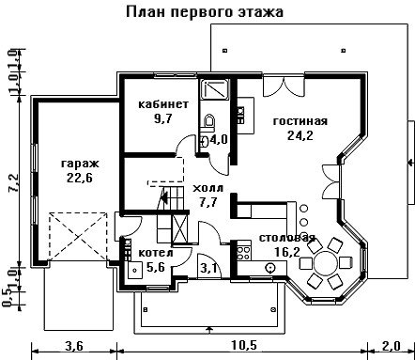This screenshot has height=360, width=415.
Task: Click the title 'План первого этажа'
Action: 205,12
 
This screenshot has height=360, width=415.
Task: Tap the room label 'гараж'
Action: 80,164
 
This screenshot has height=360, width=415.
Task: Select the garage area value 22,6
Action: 80,178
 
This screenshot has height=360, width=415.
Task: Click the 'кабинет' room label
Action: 163,104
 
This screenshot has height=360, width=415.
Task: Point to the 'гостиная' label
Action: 300,121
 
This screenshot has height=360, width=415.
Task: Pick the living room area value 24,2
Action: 300,135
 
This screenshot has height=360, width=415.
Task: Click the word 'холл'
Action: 208,188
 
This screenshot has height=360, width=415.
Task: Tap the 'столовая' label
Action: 287,238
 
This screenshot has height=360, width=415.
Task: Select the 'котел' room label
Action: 156,253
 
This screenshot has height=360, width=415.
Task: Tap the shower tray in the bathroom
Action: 215,89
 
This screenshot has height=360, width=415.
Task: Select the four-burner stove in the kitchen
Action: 244,253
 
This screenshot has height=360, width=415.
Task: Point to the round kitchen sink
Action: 269,268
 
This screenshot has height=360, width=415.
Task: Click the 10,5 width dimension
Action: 244,346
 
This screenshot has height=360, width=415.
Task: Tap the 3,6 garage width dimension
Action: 74,346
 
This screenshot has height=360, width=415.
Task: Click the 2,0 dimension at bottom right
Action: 391,346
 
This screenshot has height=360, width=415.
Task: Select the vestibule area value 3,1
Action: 209,269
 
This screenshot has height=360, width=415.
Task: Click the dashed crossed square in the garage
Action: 78,236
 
